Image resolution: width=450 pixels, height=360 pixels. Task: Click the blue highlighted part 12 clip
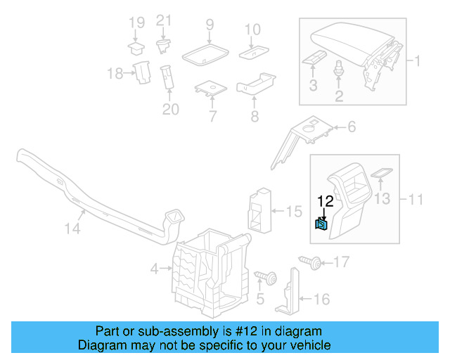321,224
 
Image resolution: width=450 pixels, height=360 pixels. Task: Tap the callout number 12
325,202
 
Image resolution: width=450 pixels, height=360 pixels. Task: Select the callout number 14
73,229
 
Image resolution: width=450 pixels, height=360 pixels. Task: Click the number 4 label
154,268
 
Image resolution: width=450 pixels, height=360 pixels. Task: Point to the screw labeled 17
311,263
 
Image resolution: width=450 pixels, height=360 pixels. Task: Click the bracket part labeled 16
289,295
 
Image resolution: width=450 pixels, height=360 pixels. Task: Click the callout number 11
416,200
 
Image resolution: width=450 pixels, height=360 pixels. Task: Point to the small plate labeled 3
314,58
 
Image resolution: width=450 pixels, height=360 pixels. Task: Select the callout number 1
416,61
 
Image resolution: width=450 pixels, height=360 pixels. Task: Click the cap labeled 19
136,48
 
